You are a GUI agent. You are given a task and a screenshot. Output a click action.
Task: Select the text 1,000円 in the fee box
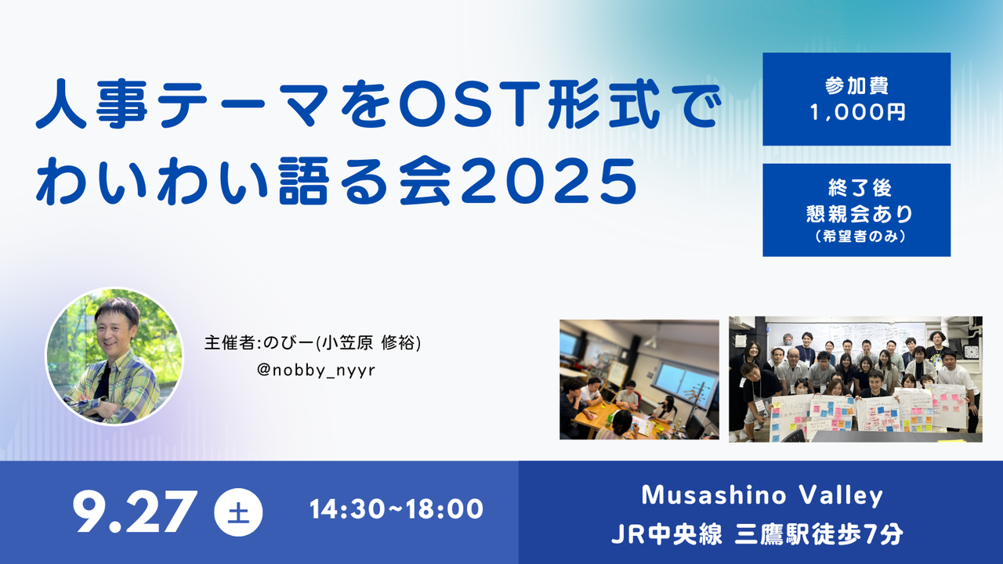click(x=856, y=112)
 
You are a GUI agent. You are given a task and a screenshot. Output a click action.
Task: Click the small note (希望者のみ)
click(x=856, y=237)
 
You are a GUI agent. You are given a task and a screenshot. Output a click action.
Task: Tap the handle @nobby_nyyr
click(x=316, y=369)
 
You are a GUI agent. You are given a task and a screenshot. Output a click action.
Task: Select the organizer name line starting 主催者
click(x=313, y=343)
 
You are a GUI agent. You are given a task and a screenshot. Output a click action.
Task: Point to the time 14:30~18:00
click(x=396, y=510)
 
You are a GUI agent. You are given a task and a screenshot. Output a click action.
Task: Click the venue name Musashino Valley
click(x=762, y=496)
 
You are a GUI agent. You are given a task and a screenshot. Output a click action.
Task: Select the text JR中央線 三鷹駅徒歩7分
click(x=758, y=534)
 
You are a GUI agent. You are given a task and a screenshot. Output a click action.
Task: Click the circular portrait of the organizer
click(x=114, y=356)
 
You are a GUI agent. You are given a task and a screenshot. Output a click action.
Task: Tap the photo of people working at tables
click(x=639, y=379)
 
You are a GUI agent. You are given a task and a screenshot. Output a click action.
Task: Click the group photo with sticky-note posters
click(x=855, y=379)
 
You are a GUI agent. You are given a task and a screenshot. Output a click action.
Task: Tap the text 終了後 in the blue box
click(x=856, y=189)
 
